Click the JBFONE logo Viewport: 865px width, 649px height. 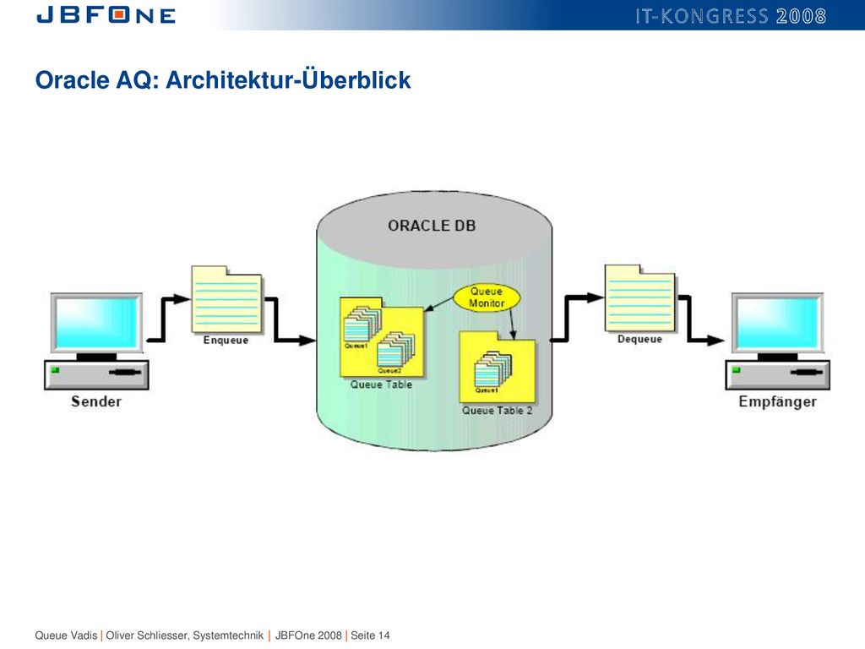[x=106, y=15]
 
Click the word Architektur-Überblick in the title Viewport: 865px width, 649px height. [x=288, y=79]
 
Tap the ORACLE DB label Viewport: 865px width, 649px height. [x=432, y=226]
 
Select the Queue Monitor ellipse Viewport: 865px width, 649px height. [x=487, y=297]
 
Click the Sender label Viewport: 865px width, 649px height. [x=96, y=401]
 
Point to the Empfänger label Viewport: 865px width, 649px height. [x=777, y=401]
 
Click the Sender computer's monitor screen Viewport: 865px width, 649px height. [x=96, y=323]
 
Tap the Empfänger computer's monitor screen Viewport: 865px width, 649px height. [x=778, y=323]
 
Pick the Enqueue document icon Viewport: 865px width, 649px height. [x=226, y=299]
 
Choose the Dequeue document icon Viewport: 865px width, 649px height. [x=640, y=298]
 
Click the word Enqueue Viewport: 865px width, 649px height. [x=226, y=340]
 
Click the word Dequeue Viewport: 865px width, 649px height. [x=639, y=339]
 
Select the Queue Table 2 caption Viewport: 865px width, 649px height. [x=497, y=411]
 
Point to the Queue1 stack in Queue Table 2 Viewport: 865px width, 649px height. [x=492, y=369]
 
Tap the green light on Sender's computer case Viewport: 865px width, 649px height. [x=55, y=370]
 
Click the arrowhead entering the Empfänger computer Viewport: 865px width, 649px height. [x=716, y=341]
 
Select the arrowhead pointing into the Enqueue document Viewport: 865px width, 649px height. [x=182, y=299]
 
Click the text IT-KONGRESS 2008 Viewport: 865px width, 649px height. [x=731, y=16]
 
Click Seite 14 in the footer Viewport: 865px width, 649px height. [x=370, y=635]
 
